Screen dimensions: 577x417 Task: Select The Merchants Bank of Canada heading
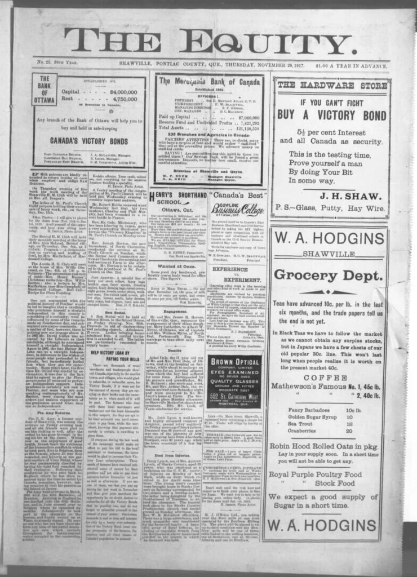coord(209,82)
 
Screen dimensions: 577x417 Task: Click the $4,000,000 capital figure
coord(120,91)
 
